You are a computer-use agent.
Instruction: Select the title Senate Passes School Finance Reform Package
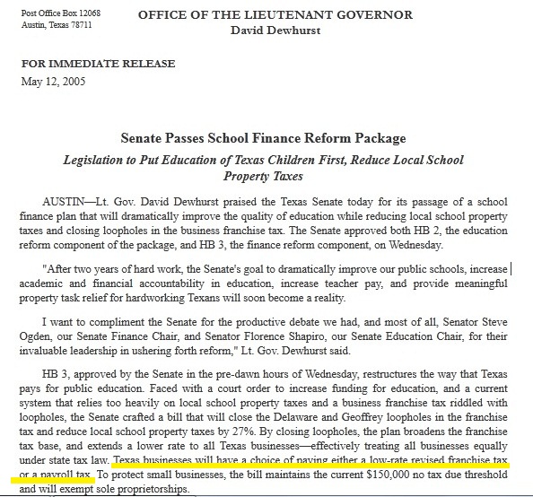[x=264, y=138]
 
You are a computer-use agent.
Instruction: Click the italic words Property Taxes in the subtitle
[x=264, y=176]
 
